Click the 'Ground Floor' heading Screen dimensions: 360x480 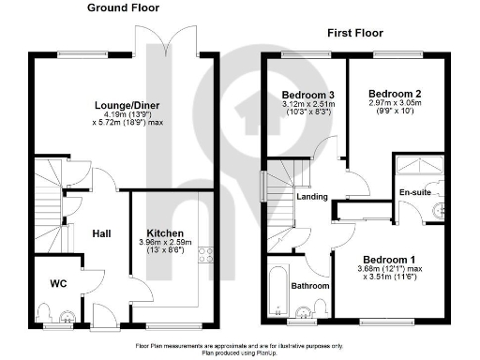point(123,7)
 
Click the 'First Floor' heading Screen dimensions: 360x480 point(357,33)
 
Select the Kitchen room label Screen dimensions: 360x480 point(164,232)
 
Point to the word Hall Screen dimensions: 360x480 point(102,234)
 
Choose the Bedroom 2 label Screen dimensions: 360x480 point(391,95)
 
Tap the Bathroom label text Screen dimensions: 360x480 point(310,286)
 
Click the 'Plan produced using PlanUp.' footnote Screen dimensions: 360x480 point(240,353)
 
